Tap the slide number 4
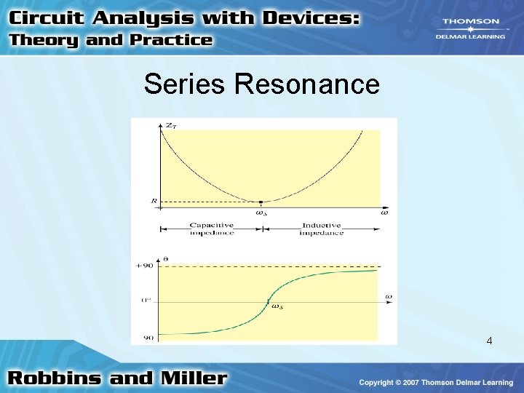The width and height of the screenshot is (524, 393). (x=489, y=341)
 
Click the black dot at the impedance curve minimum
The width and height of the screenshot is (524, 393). (x=261, y=202)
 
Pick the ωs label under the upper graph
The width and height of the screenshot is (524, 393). (x=261, y=213)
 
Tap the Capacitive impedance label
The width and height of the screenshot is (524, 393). (x=212, y=229)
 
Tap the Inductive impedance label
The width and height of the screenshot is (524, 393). (x=321, y=229)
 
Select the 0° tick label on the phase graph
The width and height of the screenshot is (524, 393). (x=146, y=299)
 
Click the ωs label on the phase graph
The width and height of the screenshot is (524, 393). (x=277, y=306)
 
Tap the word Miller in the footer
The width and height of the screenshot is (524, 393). (x=194, y=378)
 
